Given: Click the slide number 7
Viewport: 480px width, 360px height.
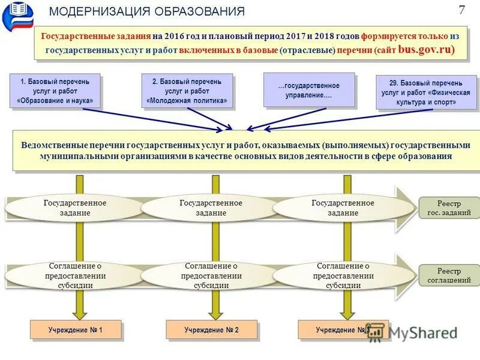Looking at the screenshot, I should [x=462, y=10].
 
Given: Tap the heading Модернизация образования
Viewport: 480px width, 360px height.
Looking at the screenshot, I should [x=147, y=12].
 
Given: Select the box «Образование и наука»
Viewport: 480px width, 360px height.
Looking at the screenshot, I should [x=55, y=91].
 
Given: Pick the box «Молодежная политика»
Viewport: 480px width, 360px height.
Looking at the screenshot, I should [x=187, y=91].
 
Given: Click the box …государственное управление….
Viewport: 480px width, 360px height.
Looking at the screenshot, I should [x=309, y=91].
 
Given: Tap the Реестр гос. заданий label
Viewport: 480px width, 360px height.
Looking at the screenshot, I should [x=449, y=208].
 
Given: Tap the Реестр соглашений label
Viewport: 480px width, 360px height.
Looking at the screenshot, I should [x=449, y=276].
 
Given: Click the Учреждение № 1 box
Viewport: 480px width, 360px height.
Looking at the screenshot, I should [x=76, y=330].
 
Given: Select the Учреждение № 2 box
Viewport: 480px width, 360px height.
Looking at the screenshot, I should [x=211, y=330].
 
